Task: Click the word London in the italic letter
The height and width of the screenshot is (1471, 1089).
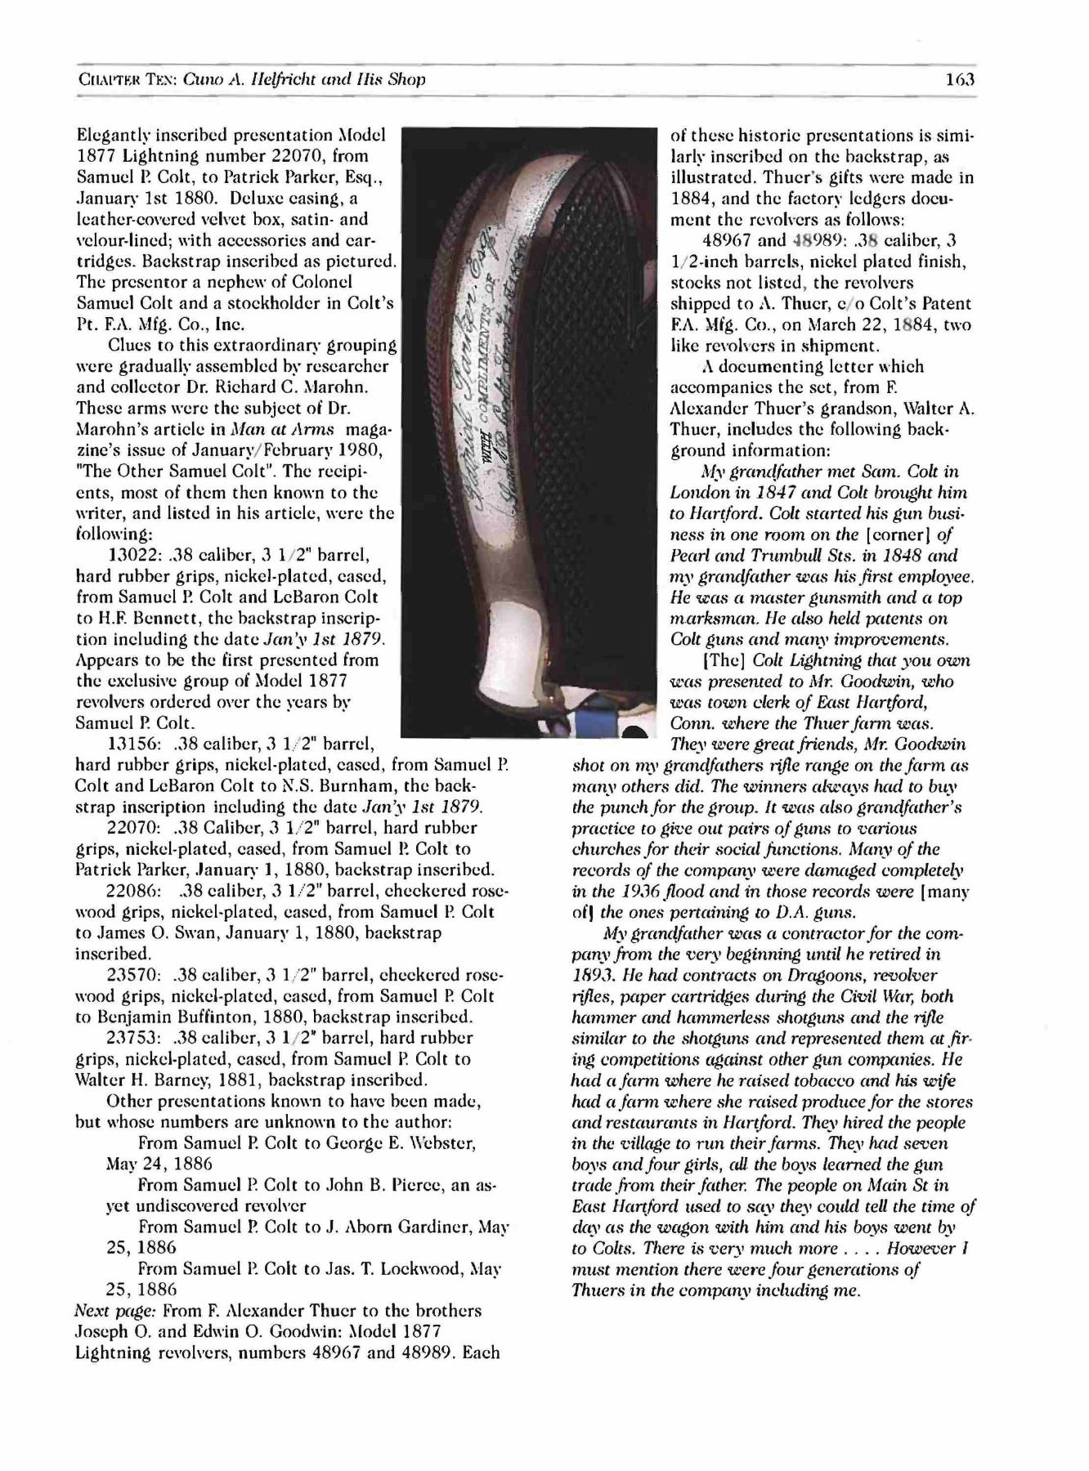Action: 699,493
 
